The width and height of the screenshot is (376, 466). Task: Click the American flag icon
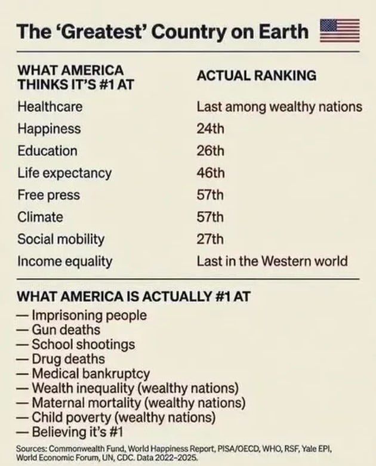point(340,30)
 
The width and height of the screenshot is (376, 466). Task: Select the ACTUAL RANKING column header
point(257,76)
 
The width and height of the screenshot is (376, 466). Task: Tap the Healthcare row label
point(50,106)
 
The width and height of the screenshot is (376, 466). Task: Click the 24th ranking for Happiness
point(210,129)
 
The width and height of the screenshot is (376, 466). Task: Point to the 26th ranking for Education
point(210,151)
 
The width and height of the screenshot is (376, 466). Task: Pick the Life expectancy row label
point(64,173)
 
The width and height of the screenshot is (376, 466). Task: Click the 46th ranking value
point(211,172)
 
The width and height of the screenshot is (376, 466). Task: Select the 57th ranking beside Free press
point(210,195)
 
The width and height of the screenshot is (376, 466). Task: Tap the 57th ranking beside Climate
point(210,217)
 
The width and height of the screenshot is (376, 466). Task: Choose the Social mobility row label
point(61,239)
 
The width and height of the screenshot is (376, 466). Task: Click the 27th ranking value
point(210,239)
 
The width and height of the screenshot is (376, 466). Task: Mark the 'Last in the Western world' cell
point(272,261)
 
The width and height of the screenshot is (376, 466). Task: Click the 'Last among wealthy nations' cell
point(279,107)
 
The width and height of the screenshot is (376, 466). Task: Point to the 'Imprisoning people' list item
point(89,315)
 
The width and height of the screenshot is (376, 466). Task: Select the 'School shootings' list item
point(83,344)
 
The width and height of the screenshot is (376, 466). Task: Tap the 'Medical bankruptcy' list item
point(91,374)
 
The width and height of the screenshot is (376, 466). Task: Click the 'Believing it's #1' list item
point(77,432)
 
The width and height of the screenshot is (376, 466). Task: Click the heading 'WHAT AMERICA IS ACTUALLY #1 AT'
point(134,297)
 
